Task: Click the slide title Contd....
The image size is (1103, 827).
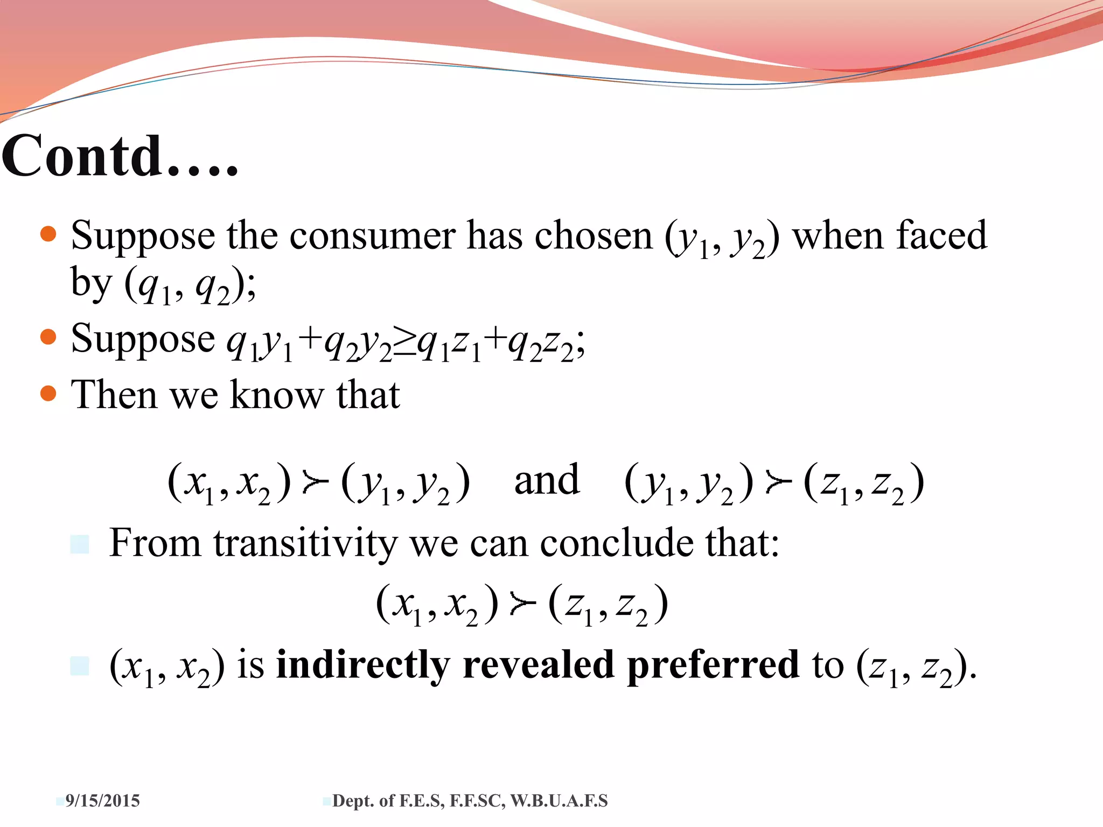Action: click(x=120, y=156)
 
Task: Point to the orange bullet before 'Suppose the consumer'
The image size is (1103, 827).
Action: click(x=48, y=234)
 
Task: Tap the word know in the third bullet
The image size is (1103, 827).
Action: click(x=277, y=395)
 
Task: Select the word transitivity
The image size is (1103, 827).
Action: click(x=305, y=543)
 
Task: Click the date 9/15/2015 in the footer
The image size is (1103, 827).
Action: click(x=102, y=801)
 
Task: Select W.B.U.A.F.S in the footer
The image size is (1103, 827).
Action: click(x=559, y=801)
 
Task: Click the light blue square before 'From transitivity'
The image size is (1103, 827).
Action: click(x=80, y=544)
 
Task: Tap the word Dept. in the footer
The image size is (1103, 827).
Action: click(x=354, y=801)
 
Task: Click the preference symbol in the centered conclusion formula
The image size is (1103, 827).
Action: click(x=523, y=605)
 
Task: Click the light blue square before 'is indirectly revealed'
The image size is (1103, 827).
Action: click(x=80, y=666)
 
